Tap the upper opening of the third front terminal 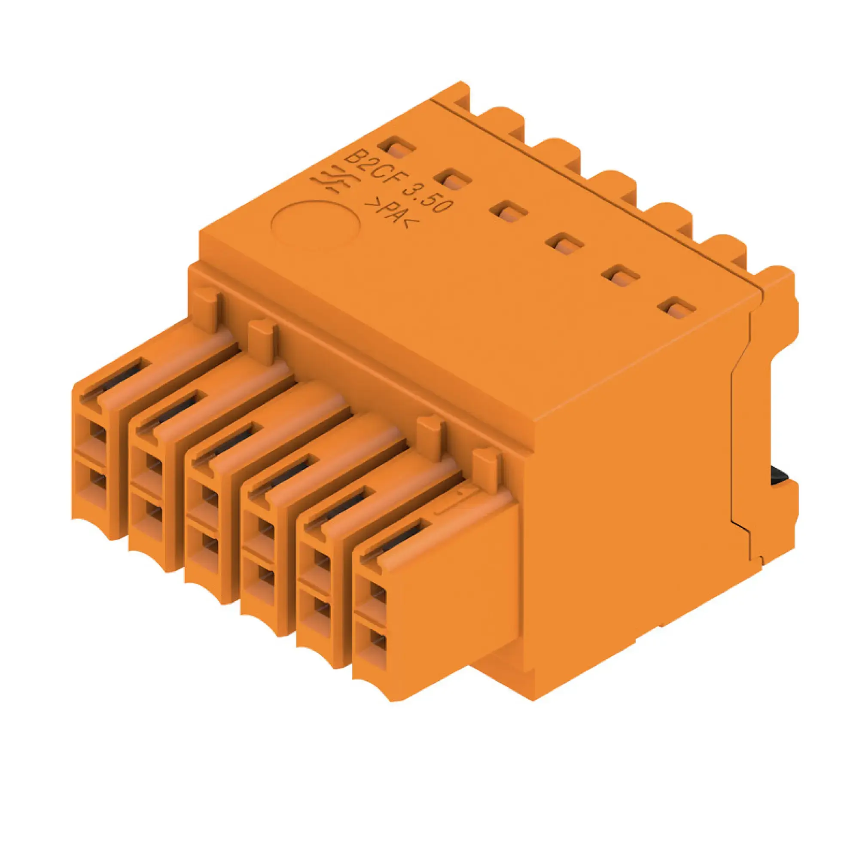[209, 495]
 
